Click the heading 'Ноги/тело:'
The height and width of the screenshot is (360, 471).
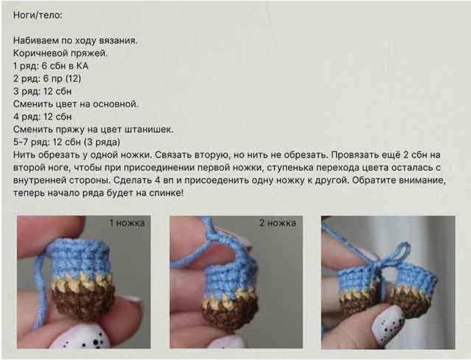37,15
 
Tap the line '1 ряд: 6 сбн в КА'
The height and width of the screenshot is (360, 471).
51,66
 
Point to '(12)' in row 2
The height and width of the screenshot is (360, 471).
73,78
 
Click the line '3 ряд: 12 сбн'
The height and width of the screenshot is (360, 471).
43,91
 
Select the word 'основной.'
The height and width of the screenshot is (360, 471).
116,104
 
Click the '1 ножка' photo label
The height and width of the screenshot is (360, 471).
127,223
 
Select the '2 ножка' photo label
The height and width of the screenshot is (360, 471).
278,223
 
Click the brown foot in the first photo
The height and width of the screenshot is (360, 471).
84,301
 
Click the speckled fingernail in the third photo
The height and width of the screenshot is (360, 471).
387,323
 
